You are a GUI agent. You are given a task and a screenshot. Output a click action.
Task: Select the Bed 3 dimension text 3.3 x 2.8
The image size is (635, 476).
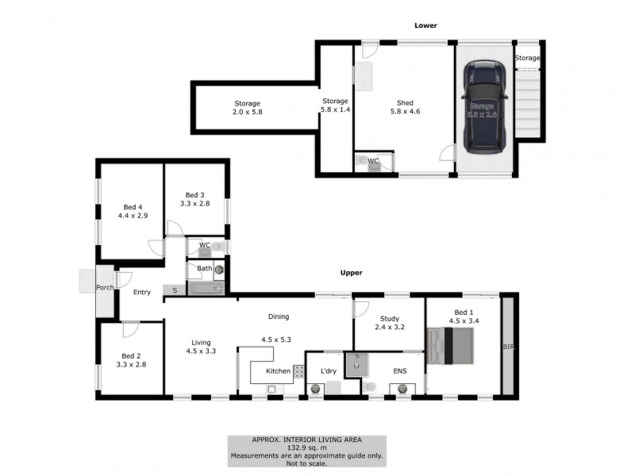[x=195, y=204]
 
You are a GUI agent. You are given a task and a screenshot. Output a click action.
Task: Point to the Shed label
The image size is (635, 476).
[x=405, y=102]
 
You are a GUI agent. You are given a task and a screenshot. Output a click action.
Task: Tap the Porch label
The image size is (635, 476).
[x=105, y=287]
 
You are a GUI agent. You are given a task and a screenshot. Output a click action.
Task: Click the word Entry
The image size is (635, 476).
[x=141, y=293]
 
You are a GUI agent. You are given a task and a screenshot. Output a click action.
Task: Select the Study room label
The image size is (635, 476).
[x=389, y=319]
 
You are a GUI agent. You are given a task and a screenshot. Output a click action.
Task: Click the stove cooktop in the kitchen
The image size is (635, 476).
[x=300, y=370]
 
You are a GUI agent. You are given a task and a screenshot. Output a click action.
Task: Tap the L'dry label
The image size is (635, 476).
[x=329, y=371]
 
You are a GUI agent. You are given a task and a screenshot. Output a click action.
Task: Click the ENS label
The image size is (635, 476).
[x=400, y=370]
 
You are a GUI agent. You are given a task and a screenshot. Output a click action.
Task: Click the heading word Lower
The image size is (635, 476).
[x=425, y=26]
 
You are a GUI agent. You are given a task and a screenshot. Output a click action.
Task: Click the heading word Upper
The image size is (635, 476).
[x=351, y=273]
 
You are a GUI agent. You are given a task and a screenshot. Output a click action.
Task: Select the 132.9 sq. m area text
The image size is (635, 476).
[x=307, y=447]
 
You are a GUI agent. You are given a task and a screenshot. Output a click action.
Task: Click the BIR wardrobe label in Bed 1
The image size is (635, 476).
[x=506, y=347]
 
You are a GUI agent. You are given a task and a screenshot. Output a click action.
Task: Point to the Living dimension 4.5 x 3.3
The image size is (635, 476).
[x=202, y=350]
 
